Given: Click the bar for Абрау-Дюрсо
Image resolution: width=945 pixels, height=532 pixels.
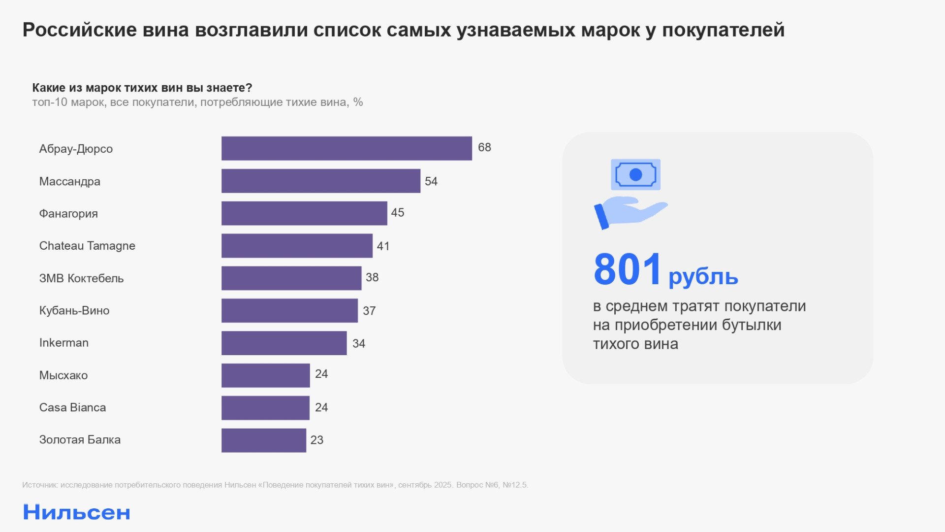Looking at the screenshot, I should pyautogui.click(x=346, y=148).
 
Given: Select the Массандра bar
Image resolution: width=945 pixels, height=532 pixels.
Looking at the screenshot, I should pyautogui.click(x=321, y=181).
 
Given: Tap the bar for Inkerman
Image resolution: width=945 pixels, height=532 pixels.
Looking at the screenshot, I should pyautogui.click(x=284, y=343).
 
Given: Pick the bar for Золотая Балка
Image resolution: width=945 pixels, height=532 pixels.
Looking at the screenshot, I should pyautogui.click(x=264, y=440).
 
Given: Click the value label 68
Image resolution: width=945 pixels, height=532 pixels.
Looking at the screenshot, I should pyautogui.click(x=484, y=147).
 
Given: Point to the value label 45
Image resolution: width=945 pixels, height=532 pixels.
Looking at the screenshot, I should pyautogui.click(x=397, y=212).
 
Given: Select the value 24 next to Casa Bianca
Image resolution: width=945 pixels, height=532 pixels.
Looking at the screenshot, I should pyautogui.click(x=321, y=407).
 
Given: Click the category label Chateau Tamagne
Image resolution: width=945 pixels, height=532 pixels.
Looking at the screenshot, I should pyautogui.click(x=87, y=246).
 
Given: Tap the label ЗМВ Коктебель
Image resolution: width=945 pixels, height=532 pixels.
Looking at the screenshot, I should pyautogui.click(x=81, y=278).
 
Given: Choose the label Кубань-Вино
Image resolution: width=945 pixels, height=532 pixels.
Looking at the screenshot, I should pyautogui.click(x=74, y=310).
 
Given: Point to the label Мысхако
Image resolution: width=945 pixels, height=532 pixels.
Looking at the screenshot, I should pyautogui.click(x=63, y=375).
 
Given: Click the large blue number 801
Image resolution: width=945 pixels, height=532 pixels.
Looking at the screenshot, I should pyautogui.click(x=627, y=269).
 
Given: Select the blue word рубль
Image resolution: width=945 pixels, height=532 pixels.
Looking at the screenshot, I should pyautogui.click(x=703, y=277).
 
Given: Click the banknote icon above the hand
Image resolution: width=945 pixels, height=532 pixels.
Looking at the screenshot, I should pyautogui.click(x=635, y=174).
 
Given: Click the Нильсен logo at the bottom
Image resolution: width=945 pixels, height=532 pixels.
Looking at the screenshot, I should pyautogui.click(x=77, y=512).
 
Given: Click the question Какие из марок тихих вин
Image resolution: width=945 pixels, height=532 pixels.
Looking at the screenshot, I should pyautogui.click(x=142, y=88).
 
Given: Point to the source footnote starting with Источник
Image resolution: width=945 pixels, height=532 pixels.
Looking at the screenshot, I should pyautogui.click(x=275, y=485).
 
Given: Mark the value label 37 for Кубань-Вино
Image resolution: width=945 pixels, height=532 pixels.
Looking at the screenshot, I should pyautogui.click(x=369, y=311).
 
